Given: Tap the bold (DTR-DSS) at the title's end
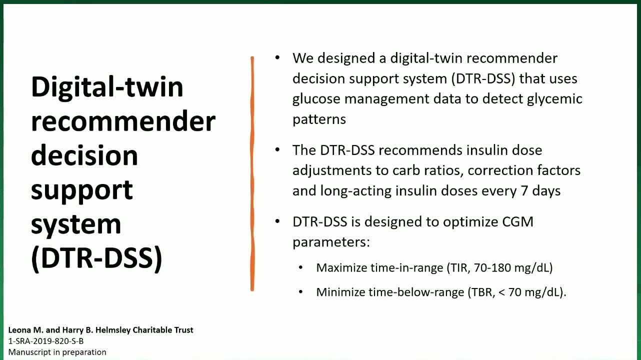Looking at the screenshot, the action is [96, 258].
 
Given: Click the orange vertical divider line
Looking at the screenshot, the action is [252, 173].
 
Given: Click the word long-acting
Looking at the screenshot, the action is [355, 191].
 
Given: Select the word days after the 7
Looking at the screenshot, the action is [546, 191].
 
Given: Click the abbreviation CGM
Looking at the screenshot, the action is [517, 222].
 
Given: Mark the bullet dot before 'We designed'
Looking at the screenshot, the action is [277, 57].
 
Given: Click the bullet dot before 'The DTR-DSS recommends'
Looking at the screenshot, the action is [277, 149].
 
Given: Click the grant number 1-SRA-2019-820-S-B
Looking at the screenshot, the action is [46, 341].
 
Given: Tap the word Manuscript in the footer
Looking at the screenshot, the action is [28, 352].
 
